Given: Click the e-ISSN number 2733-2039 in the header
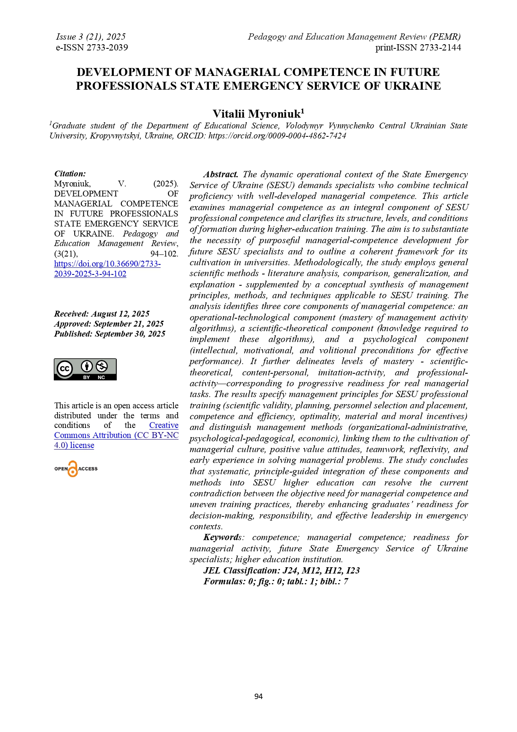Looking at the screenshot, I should click(x=107, y=48).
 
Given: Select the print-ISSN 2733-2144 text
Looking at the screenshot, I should click(x=418, y=48).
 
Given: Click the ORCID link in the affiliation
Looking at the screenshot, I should click(x=277, y=136).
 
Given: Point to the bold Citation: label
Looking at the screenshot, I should click(x=70, y=174).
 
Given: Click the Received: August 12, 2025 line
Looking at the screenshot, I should click(x=102, y=314).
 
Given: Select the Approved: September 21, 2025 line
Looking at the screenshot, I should click(x=109, y=324).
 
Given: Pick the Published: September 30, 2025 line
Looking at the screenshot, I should click(x=110, y=334).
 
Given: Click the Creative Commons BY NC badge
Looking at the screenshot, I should click(x=85, y=369).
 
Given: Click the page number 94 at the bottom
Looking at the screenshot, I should click(x=258, y=696).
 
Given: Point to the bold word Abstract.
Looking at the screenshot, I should click(x=221, y=174).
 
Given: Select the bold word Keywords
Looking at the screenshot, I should click(x=222, y=537).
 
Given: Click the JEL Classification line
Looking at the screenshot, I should click(x=281, y=570).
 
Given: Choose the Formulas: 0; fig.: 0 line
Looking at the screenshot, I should click(x=244, y=581).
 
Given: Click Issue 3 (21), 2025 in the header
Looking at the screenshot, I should click(x=91, y=37).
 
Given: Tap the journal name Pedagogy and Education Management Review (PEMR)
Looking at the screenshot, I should click(x=354, y=37).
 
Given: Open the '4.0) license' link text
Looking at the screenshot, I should click(x=74, y=445).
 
